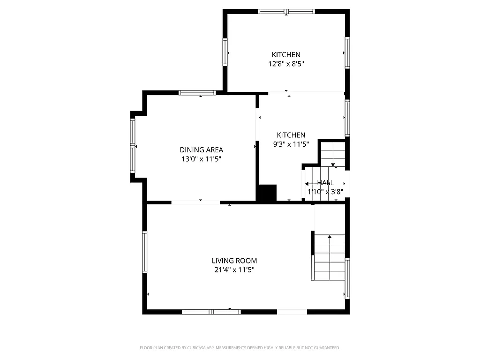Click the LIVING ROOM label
234,261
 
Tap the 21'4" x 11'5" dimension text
234,270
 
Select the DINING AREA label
201,150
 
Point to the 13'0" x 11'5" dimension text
201,159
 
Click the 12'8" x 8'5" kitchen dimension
286,64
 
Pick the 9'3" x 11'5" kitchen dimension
291,144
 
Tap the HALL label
325,183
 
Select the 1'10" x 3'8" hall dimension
325,191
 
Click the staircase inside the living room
330,257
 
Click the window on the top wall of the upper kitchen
286,11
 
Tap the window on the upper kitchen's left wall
225,52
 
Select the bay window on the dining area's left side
133,146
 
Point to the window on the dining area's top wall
197,93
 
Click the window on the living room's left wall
145,252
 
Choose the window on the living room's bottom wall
211,311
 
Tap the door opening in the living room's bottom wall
292,311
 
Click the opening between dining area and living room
195,202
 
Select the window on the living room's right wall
347,278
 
